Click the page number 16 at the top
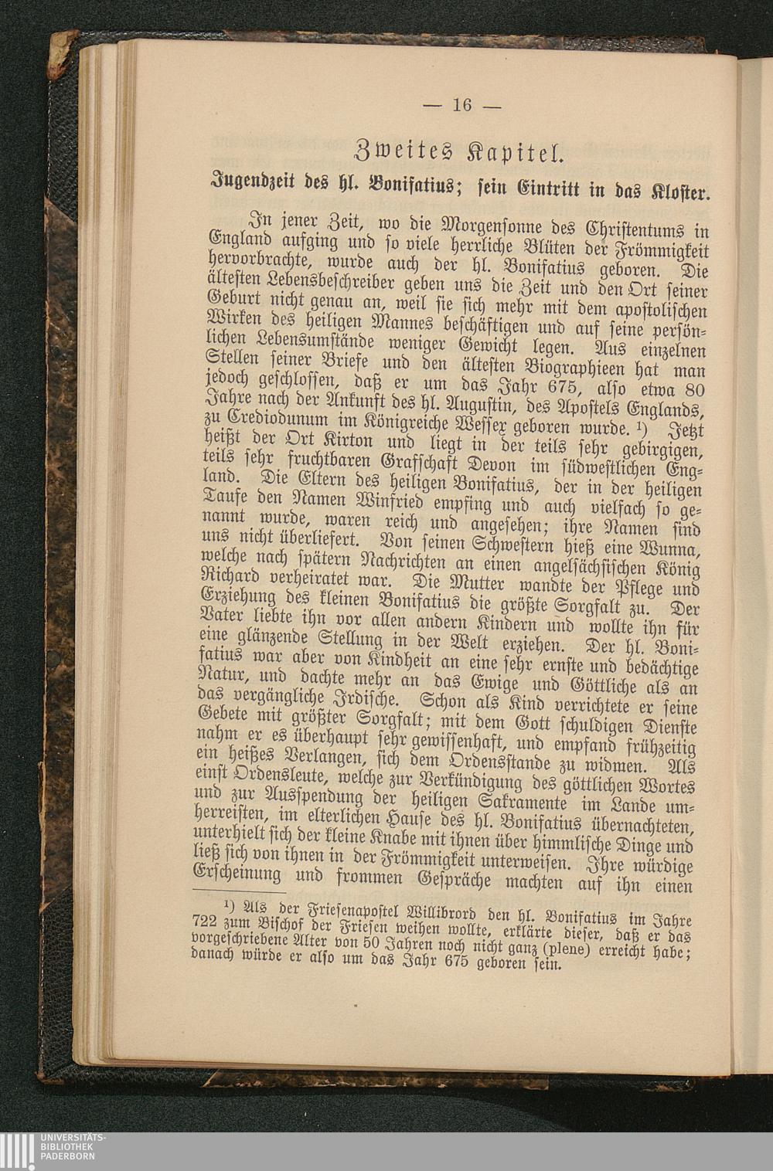pos(461,105)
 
